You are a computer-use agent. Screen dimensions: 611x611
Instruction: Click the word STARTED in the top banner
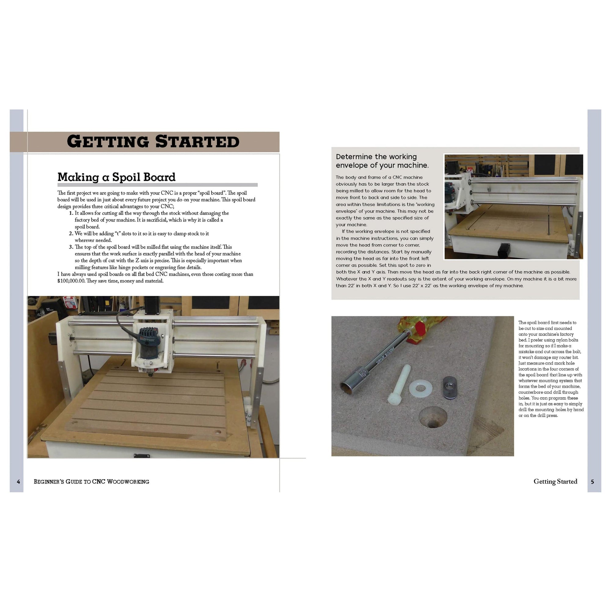(197, 141)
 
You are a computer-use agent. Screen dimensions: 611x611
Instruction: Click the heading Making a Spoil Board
(116, 177)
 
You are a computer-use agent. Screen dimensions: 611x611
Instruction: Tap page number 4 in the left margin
(18, 482)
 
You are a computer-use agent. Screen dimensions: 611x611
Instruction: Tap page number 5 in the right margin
(592, 482)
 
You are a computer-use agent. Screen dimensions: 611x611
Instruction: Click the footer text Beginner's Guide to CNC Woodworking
(91, 482)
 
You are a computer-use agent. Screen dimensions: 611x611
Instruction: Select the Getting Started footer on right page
(555, 481)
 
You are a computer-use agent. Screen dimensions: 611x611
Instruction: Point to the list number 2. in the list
(71, 233)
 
